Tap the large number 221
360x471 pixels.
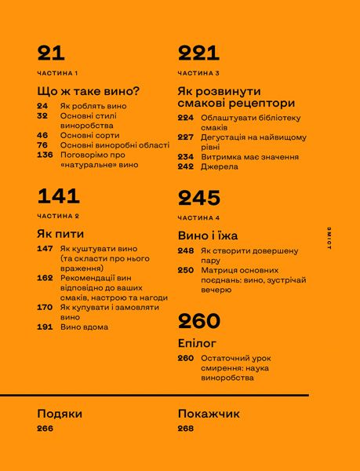pyautogui.click(x=198, y=53)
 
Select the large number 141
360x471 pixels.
pyautogui.click(x=59, y=196)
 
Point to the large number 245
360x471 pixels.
pyautogui.click(x=199, y=198)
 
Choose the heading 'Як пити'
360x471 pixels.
pyautogui.click(x=60, y=233)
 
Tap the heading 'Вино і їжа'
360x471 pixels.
pyautogui.click(x=208, y=235)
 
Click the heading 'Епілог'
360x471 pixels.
pyautogui.click(x=197, y=343)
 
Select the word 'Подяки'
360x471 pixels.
pyautogui.click(x=60, y=414)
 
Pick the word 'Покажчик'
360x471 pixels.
pyautogui.click(x=209, y=414)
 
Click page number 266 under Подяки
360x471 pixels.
pyautogui.click(x=45, y=429)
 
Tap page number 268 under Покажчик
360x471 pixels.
pyautogui.click(x=187, y=429)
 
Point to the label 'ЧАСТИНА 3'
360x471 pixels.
pyautogui.click(x=198, y=73)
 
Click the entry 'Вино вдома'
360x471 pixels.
pyautogui.click(x=85, y=327)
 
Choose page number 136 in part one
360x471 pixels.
pyautogui.click(x=45, y=155)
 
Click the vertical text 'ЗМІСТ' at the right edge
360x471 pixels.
pyautogui.click(x=330, y=235)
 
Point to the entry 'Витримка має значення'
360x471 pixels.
pyautogui.click(x=249, y=157)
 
